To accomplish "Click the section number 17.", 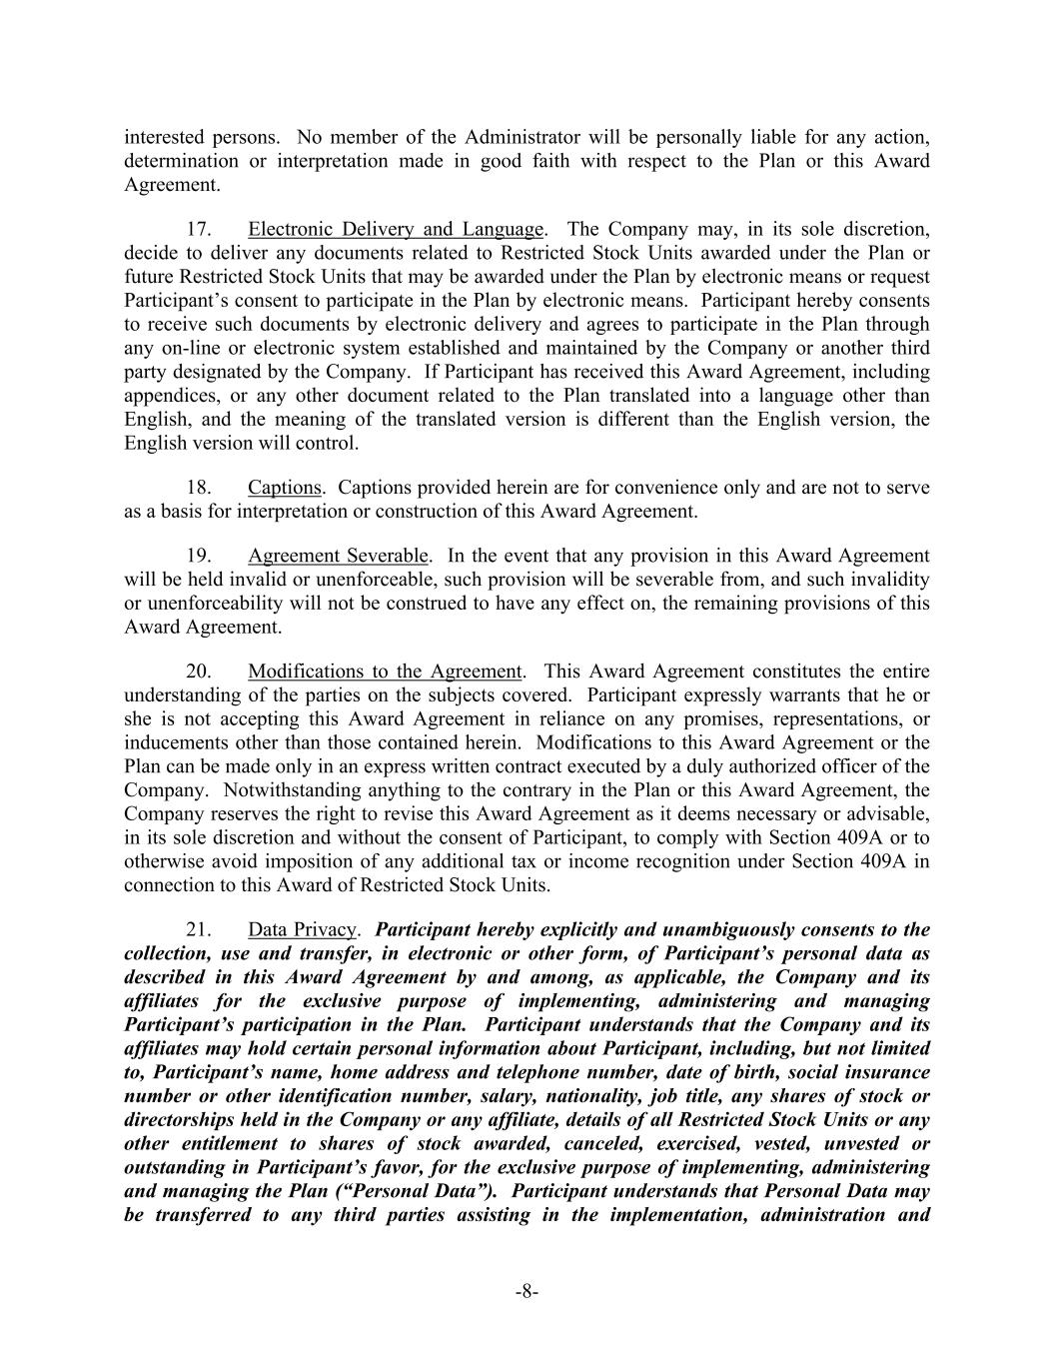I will [199, 229].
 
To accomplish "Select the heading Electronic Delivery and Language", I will [396, 229].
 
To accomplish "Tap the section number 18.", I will [199, 488].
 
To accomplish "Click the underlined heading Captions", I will [285, 488].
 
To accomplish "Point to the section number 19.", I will [199, 556].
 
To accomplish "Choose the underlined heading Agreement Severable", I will [339, 556].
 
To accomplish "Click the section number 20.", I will [199, 672].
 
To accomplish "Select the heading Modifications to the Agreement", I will [385, 672].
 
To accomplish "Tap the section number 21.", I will [199, 929].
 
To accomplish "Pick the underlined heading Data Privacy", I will [302, 929].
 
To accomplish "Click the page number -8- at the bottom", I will [527, 1292].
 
